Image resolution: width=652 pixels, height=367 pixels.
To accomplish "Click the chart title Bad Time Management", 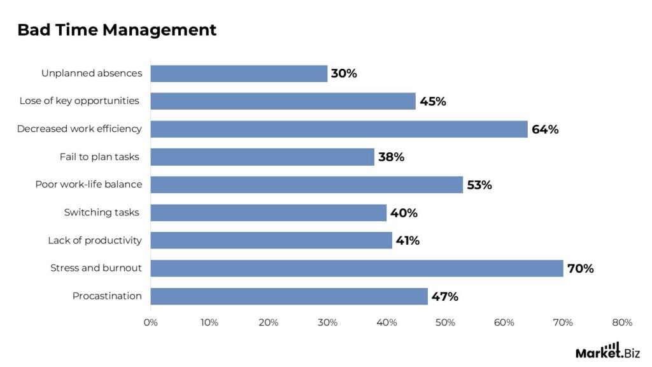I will tap(117, 30).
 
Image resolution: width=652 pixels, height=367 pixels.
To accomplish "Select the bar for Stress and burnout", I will tap(357, 268).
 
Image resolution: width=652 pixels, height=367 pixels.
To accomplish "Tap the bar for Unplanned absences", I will tap(239, 73).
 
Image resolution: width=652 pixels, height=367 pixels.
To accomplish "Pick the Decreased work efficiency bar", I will tap(339, 129).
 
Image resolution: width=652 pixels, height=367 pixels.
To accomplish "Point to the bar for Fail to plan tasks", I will tap(262, 157).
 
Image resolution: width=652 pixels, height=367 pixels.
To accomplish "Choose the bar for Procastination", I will tap(289, 296).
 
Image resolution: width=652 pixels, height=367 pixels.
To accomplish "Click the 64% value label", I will tap(545, 129).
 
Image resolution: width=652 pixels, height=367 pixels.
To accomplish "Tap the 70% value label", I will tap(580, 268).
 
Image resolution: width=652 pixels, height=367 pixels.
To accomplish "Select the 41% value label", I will tap(407, 241).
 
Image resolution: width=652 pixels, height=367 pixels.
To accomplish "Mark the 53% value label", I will tap(479, 185).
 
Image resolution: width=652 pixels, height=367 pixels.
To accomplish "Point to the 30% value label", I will tap(344, 73).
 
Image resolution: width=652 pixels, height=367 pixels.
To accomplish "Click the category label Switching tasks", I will tap(101, 213).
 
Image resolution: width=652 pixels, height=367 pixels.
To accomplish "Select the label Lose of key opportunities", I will tap(79, 101).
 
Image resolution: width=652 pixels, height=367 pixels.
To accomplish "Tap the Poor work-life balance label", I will tap(89, 185).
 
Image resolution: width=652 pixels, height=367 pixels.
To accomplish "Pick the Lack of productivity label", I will tap(95, 241).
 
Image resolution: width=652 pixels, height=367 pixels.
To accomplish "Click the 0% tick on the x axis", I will tap(151, 322).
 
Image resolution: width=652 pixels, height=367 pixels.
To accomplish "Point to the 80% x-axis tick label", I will tap(621, 322).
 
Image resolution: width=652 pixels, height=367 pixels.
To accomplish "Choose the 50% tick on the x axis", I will tap(445, 322).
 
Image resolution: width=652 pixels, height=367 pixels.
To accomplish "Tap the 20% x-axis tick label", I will tap(269, 322).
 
